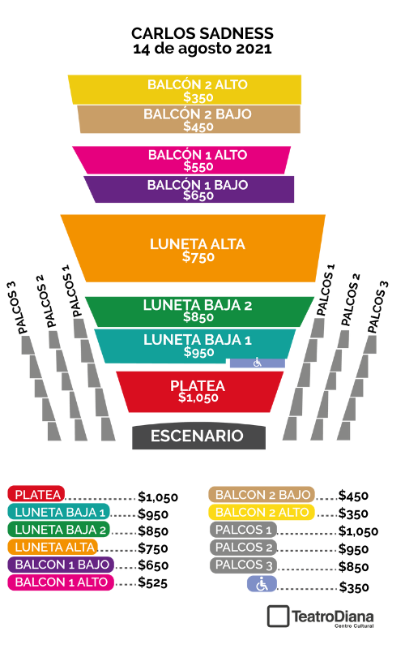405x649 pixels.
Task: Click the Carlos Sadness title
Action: (202, 33)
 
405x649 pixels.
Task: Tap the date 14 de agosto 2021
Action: (202, 49)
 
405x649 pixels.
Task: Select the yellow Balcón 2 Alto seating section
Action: (185, 89)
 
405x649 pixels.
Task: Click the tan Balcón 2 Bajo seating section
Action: (190, 119)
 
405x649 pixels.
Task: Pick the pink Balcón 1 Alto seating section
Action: (181, 160)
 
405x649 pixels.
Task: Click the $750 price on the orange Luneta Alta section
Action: (198, 257)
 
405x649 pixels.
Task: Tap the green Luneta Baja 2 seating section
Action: (199, 312)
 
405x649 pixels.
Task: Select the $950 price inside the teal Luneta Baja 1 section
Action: (198, 352)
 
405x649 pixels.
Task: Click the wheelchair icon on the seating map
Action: (258, 363)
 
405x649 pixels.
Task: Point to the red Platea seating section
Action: (199, 392)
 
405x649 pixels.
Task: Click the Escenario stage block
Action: (198, 436)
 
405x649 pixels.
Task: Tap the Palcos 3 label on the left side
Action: (17, 308)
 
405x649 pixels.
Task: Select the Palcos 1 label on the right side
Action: (326, 290)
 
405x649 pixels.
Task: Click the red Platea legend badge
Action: (36, 494)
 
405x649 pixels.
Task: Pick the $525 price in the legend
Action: (152, 582)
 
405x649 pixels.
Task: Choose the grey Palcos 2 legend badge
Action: (244, 547)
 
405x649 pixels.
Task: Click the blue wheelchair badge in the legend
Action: (262, 584)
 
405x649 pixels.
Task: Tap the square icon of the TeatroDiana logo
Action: (278, 617)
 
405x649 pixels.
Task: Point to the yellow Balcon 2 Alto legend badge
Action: (262, 513)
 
